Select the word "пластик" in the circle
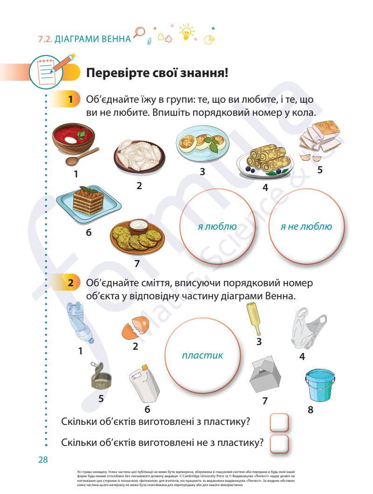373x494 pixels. coord(202,355)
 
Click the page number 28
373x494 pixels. coord(43,460)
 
